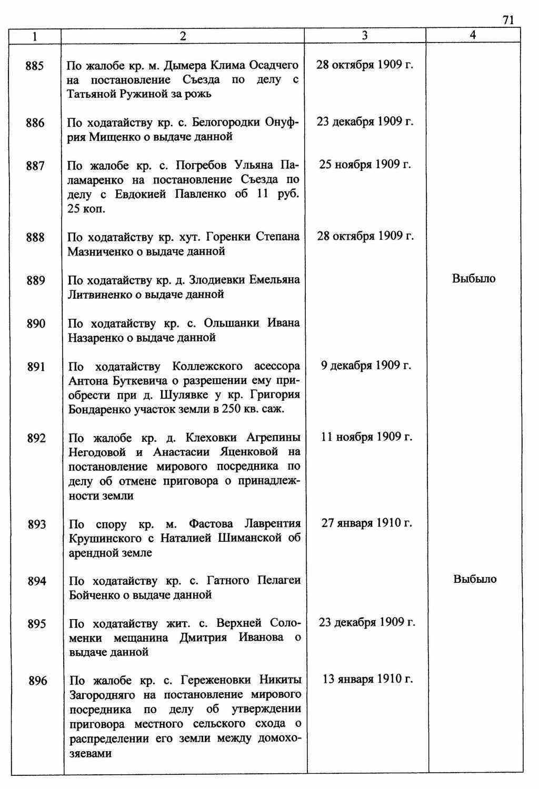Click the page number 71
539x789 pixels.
pos(507,20)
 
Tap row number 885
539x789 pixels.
pos(34,66)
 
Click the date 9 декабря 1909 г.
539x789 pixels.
pos(366,365)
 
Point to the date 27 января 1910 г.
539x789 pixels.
pos(366,523)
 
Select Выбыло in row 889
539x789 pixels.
pos(474,278)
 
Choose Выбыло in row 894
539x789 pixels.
pos(475,579)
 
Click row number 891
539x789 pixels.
pos(36,367)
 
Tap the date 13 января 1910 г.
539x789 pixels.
pos(367,679)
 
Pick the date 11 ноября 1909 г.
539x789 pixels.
pos(366,437)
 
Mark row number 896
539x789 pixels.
pos(37,681)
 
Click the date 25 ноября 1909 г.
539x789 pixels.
pos(365,165)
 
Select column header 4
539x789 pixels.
pos(473,35)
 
